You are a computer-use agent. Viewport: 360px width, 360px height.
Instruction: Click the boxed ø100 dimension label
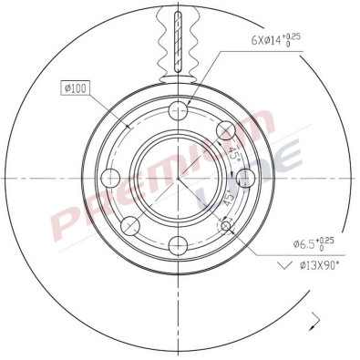click(x=73, y=88)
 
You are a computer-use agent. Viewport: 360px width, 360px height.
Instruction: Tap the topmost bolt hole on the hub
click(x=180, y=109)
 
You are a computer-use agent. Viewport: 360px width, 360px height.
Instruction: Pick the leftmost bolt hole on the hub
click(x=112, y=177)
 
